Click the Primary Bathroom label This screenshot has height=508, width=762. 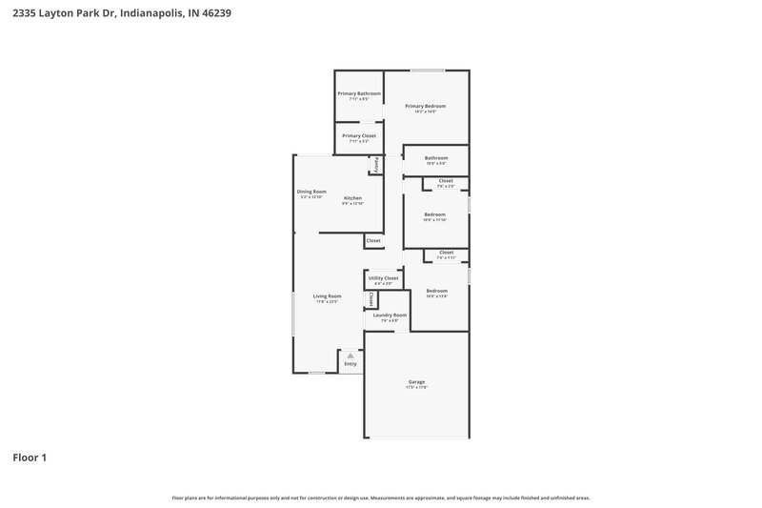(x=359, y=93)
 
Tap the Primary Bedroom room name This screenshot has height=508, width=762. (x=425, y=106)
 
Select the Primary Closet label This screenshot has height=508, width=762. (x=359, y=135)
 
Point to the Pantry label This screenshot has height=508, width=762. (x=376, y=164)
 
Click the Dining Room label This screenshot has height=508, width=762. (x=311, y=192)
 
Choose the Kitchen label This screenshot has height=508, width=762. (x=352, y=198)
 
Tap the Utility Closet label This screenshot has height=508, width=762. (x=383, y=278)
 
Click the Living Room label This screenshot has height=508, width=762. (x=327, y=296)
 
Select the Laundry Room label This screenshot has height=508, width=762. (x=390, y=315)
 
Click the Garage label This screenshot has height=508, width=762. (x=417, y=382)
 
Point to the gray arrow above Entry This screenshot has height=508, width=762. (x=351, y=356)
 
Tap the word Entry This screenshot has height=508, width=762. (x=351, y=364)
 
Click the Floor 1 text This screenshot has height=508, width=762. (x=30, y=458)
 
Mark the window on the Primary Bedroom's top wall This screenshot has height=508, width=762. (x=428, y=70)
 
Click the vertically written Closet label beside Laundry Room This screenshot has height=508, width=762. (x=371, y=298)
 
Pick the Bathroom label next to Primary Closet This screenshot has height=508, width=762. (x=436, y=158)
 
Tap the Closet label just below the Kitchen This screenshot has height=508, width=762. (x=373, y=240)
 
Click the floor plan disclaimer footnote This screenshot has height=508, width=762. (x=380, y=498)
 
